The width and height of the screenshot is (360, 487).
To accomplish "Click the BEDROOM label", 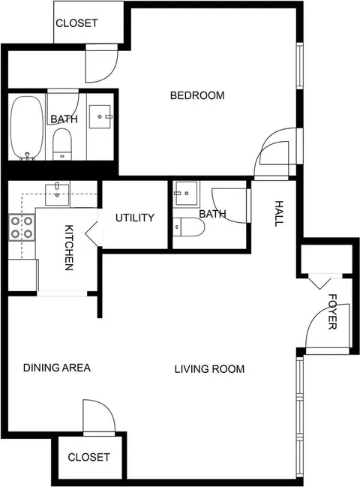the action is click(197, 95).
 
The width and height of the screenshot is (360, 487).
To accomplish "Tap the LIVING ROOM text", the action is click(209, 369).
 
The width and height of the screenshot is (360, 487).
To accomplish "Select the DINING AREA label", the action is click(57, 368).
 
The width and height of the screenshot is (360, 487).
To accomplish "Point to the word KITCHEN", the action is click(69, 248).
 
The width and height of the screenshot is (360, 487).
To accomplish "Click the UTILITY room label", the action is click(135, 218).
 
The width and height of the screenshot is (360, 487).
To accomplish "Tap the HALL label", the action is click(279, 214).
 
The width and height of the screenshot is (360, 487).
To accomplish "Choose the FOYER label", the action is click(332, 311).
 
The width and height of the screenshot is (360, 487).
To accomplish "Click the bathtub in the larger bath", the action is click(27, 128).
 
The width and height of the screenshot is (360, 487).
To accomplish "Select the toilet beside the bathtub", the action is click(62, 144).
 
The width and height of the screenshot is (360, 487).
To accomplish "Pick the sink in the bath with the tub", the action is click(100, 117).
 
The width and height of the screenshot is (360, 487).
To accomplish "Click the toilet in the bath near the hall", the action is click(189, 227).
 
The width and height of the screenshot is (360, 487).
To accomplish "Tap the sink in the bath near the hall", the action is click(186, 194).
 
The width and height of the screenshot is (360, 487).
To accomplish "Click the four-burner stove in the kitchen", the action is click(22, 227).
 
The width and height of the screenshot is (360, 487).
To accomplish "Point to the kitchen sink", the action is click(57, 194).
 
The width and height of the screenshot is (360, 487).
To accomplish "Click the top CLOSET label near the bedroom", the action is click(76, 23).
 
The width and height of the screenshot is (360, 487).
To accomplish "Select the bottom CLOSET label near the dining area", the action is click(88, 457).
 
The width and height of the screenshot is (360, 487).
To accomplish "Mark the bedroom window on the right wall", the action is click(299, 66).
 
